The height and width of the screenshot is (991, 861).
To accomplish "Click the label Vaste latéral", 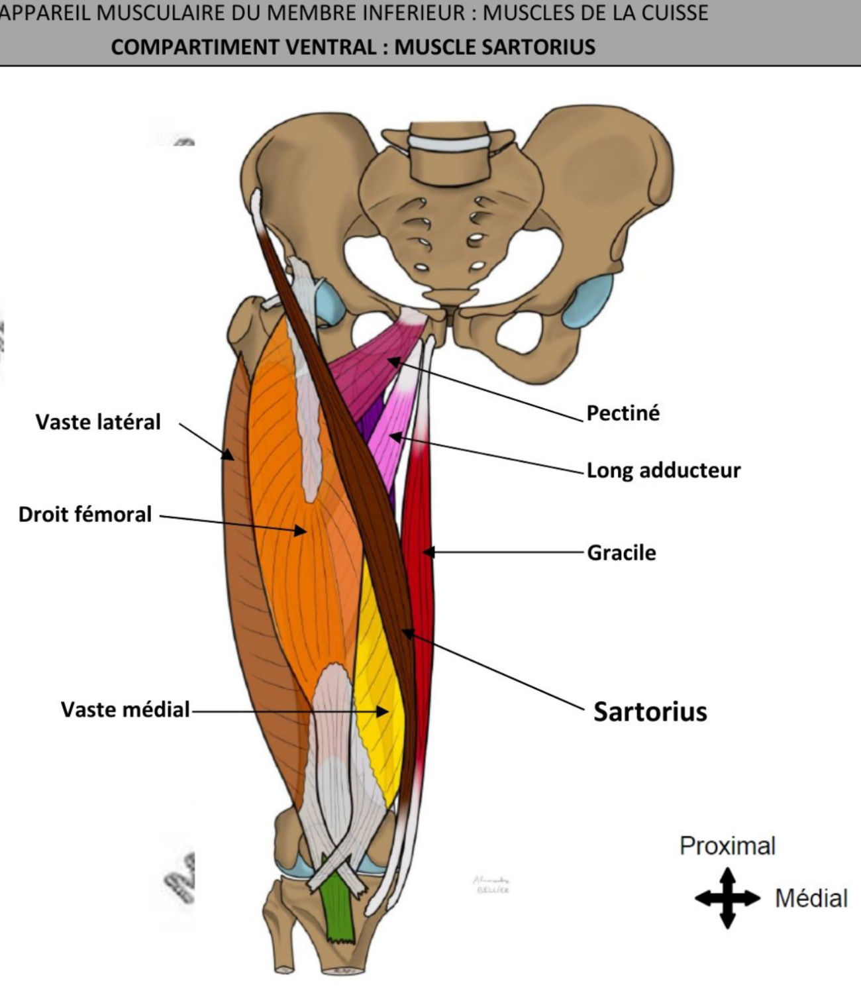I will click(x=98, y=422).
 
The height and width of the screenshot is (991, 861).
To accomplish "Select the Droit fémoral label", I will click(x=85, y=514).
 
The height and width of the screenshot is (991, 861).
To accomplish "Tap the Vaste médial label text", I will click(x=125, y=709).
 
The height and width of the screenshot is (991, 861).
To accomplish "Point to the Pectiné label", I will click(x=623, y=413).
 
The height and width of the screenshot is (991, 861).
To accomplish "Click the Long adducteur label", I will click(x=663, y=470).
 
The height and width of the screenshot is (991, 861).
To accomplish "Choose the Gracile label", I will click(x=621, y=552).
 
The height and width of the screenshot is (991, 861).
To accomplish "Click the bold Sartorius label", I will click(x=650, y=711).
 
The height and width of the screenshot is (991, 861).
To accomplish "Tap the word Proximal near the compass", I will click(x=727, y=846).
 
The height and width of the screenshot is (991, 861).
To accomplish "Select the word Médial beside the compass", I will click(x=811, y=898).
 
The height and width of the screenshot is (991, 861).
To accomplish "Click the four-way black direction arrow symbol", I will click(x=727, y=898).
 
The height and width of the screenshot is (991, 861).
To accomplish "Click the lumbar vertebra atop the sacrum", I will click(x=450, y=159).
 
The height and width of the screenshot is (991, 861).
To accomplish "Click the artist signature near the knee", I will click(x=491, y=884).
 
